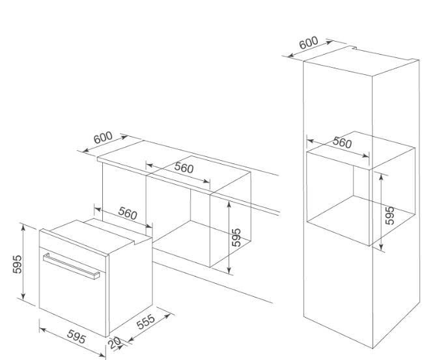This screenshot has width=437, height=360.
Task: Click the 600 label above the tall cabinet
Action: click(x=309, y=42)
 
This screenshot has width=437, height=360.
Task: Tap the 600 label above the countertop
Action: click(x=103, y=137)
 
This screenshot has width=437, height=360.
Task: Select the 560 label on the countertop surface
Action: click(x=184, y=168)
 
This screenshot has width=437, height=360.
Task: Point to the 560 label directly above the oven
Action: click(x=128, y=214)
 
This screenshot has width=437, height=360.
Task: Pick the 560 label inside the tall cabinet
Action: click(x=343, y=143)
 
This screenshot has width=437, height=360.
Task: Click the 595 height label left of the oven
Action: click(x=18, y=264)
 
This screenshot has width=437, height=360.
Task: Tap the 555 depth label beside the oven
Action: click(x=146, y=322)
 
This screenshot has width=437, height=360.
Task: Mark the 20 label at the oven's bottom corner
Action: click(x=115, y=343)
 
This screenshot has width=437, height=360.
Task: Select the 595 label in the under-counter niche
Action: click(x=236, y=238)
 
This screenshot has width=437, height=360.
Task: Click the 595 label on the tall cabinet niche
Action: click(x=389, y=215)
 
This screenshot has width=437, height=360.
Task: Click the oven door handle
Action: click(x=72, y=266)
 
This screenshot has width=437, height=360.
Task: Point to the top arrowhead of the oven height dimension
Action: click(x=23, y=227)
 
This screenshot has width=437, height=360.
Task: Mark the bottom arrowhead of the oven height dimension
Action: click(x=23, y=297)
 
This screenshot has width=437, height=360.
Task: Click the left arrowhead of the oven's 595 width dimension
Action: click(x=42, y=330)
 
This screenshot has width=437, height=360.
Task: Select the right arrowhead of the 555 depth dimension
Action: click(x=167, y=316)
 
